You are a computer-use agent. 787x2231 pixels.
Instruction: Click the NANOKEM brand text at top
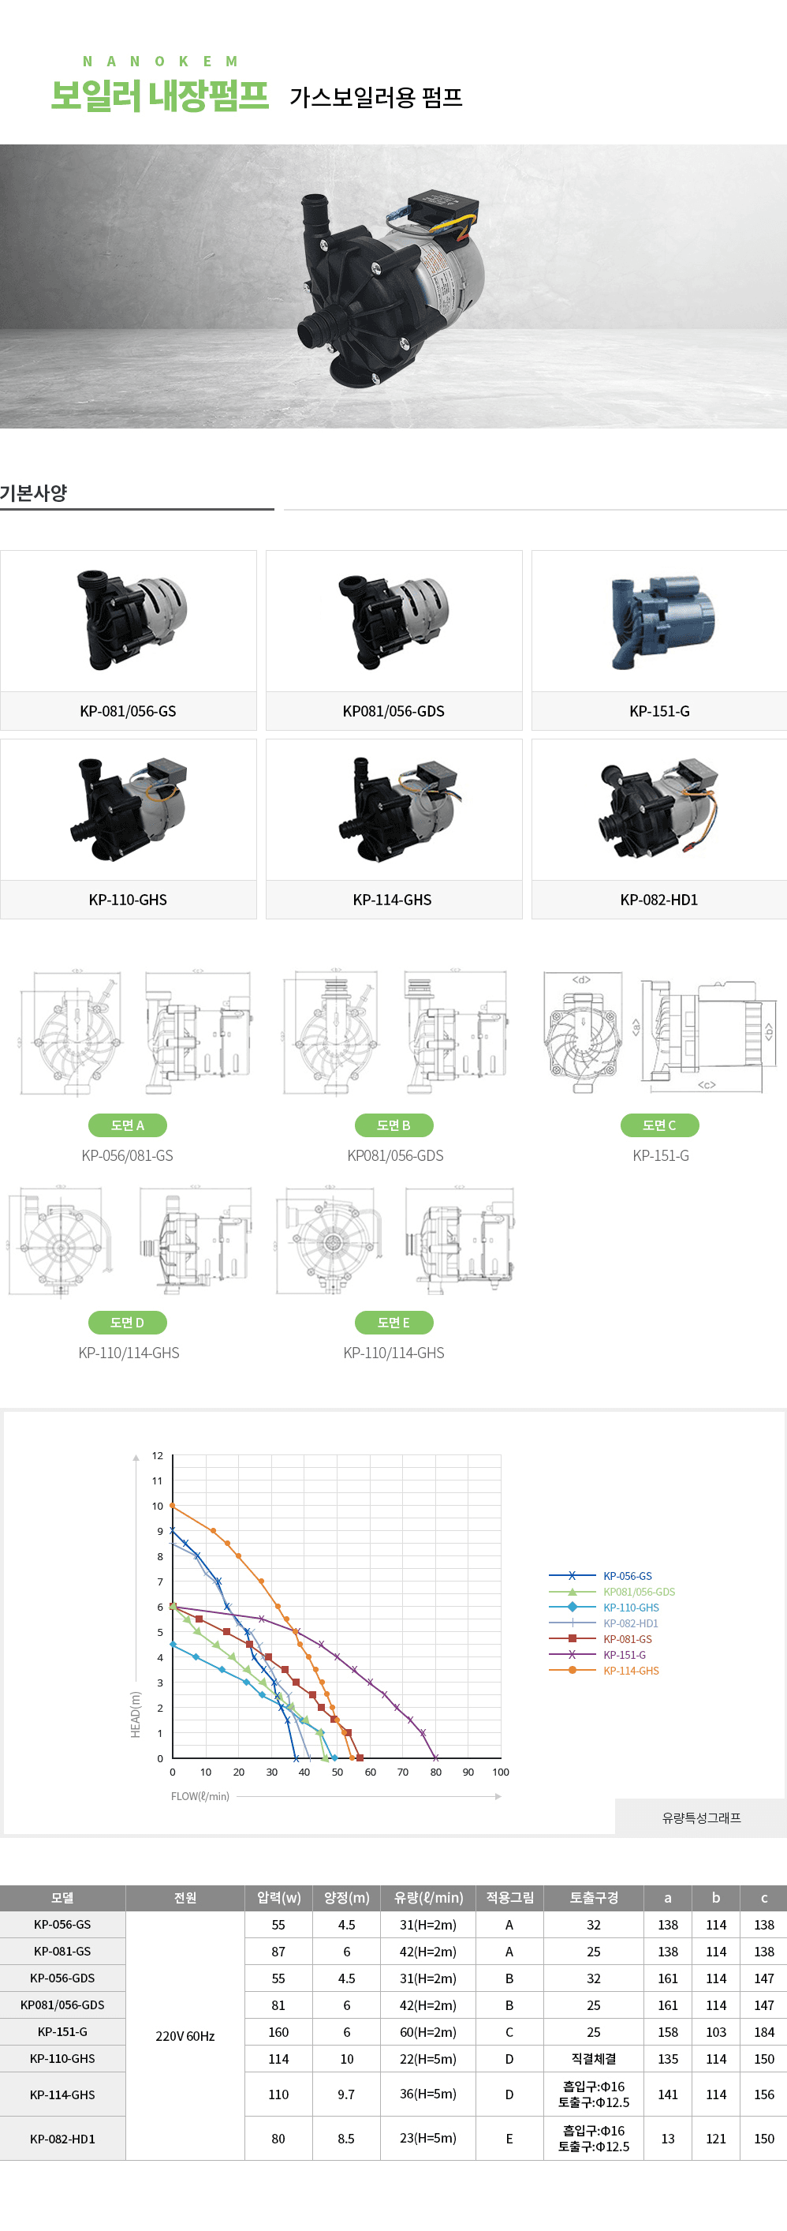(x=159, y=62)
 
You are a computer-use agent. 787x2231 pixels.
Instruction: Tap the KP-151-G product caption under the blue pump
(x=659, y=711)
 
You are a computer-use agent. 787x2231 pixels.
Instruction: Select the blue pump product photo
(x=659, y=621)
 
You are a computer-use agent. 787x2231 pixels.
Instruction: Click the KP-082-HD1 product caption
(x=659, y=900)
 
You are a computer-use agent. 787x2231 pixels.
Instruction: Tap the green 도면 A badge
(x=127, y=1125)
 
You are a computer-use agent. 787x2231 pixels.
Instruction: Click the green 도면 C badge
(x=659, y=1125)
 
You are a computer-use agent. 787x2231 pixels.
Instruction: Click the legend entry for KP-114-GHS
(x=630, y=1671)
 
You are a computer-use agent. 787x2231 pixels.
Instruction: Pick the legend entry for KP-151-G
(x=625, y=1655)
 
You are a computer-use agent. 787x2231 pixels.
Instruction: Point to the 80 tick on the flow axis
(x=435, y=1772)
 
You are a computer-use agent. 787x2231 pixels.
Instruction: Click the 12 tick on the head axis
(x=158, y=1456)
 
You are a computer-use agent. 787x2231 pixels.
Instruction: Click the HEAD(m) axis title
(x=135, y=1714)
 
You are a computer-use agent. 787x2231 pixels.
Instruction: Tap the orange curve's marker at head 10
(x=172, y=1506)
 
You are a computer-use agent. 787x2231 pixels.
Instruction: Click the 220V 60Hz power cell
(x=185, y=2035)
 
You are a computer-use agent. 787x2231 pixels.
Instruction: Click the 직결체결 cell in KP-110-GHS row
(x=593, y=2059)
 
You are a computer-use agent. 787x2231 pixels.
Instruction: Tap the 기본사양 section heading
(x=34, y=492)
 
